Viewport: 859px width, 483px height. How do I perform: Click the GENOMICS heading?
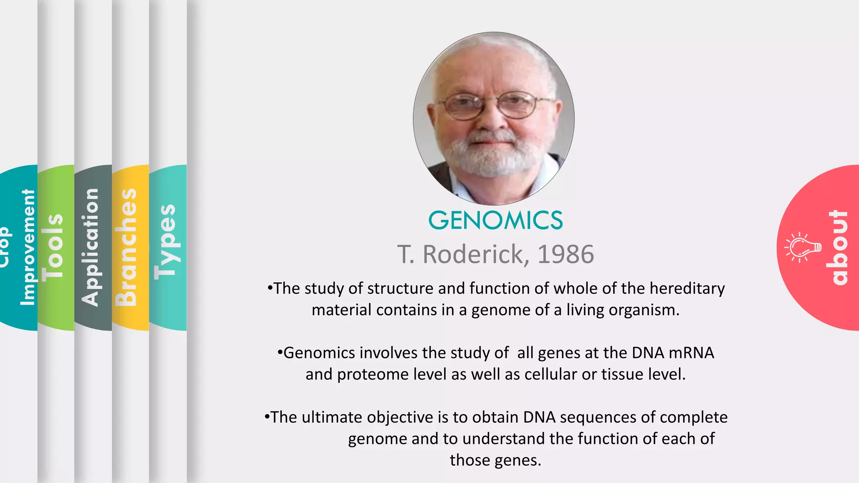[495, 221]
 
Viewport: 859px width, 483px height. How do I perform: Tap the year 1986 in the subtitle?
[565, 254]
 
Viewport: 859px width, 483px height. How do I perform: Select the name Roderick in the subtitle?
[473, 254]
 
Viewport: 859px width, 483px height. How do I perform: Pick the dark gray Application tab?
[91, 247]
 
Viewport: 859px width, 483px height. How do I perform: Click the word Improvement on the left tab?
[28, 247]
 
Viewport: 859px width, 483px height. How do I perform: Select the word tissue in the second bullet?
[623, 374]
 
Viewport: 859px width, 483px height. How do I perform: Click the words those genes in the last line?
[495, 460]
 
